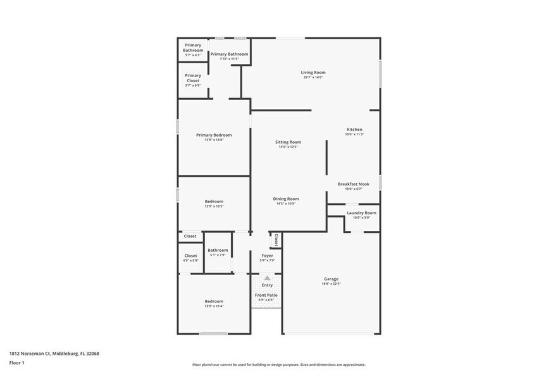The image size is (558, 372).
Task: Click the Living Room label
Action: point(313,73)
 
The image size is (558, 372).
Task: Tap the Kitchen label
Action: point(354,129)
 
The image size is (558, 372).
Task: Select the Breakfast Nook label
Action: point(354,183)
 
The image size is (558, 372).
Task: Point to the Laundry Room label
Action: point(361,213)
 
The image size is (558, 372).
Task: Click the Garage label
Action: point(331,279)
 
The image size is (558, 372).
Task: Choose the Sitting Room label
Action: point(288,142)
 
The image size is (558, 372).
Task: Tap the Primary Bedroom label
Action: point(214,135)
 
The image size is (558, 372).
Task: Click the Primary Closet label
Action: point(193,78)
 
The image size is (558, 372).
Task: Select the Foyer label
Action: point(267,256)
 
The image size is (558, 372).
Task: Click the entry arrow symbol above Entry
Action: point(267,278)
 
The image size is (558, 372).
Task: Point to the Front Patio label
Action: point(266,295)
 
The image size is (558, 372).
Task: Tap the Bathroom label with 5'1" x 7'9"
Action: point(218,250)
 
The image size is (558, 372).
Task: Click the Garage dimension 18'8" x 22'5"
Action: point(331,284)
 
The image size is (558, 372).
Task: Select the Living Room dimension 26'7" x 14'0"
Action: point(313,78)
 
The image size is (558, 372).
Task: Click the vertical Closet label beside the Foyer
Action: point(276,240)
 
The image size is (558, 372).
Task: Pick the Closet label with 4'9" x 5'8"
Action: point(190,256)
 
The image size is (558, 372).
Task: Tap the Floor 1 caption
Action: point(16,363)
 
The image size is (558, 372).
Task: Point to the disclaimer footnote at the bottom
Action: point(279,365)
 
